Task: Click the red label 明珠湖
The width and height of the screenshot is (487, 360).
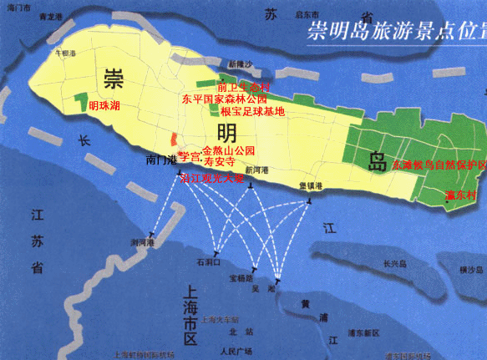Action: tap(104, 104)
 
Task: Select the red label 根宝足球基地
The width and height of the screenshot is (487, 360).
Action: tap(253, 110)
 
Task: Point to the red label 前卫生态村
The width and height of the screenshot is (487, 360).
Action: tap(243, 87)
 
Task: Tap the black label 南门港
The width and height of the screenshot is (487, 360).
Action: tap(160, 159)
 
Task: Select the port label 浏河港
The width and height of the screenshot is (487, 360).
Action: tap(145, 242)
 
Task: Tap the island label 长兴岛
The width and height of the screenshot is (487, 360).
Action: tap(395, 264)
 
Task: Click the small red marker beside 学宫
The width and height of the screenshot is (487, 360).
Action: tap(174, 139)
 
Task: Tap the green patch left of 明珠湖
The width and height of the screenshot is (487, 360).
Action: tap(82, 103)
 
